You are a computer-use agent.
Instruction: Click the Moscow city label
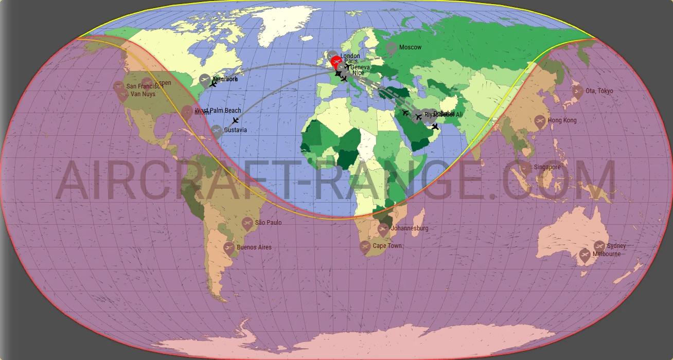(410, 47)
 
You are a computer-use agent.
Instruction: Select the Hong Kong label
(562, 120)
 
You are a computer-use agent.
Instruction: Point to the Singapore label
(547, 167)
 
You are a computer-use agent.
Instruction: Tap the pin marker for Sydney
(599, 246)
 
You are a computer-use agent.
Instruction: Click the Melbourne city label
(606, 254)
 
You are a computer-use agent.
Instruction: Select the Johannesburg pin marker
(383, 229)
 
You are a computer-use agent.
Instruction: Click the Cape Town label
(387, 246)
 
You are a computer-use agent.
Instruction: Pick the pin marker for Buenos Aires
(229, 248)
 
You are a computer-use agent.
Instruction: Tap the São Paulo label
(268, 223)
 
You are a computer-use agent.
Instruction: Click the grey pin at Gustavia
(217, 131)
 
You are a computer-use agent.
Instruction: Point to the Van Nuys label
(143, 94)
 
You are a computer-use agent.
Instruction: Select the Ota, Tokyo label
(599, 91)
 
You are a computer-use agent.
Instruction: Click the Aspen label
(163, 83)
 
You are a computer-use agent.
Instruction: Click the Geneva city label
(360, 67)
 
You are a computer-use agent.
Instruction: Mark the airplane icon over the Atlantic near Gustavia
(235, 121)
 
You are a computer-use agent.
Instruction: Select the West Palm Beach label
(218, 111)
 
